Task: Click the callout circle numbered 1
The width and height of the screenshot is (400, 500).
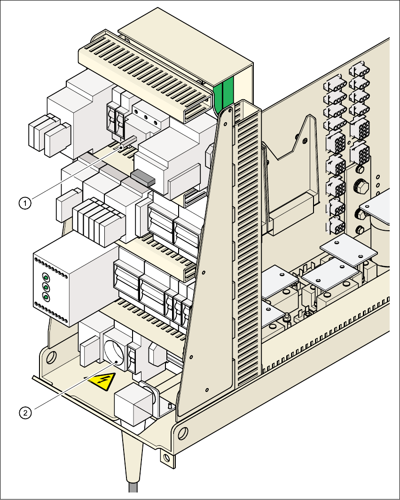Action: tap(25, 203)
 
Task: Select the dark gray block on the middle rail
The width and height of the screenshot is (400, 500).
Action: tap(142, 177)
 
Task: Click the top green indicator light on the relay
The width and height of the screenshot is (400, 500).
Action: tap(46, 277)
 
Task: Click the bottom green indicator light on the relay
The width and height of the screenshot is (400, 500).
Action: tap(46, 297)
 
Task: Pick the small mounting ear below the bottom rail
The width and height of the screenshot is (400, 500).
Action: tap(165, 456)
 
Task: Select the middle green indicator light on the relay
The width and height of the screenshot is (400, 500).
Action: tap(46, 287)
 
